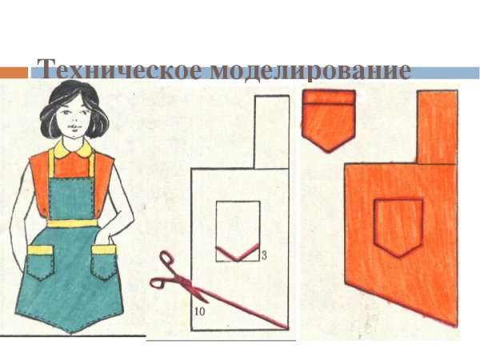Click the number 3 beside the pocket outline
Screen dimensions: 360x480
coord(263,254)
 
